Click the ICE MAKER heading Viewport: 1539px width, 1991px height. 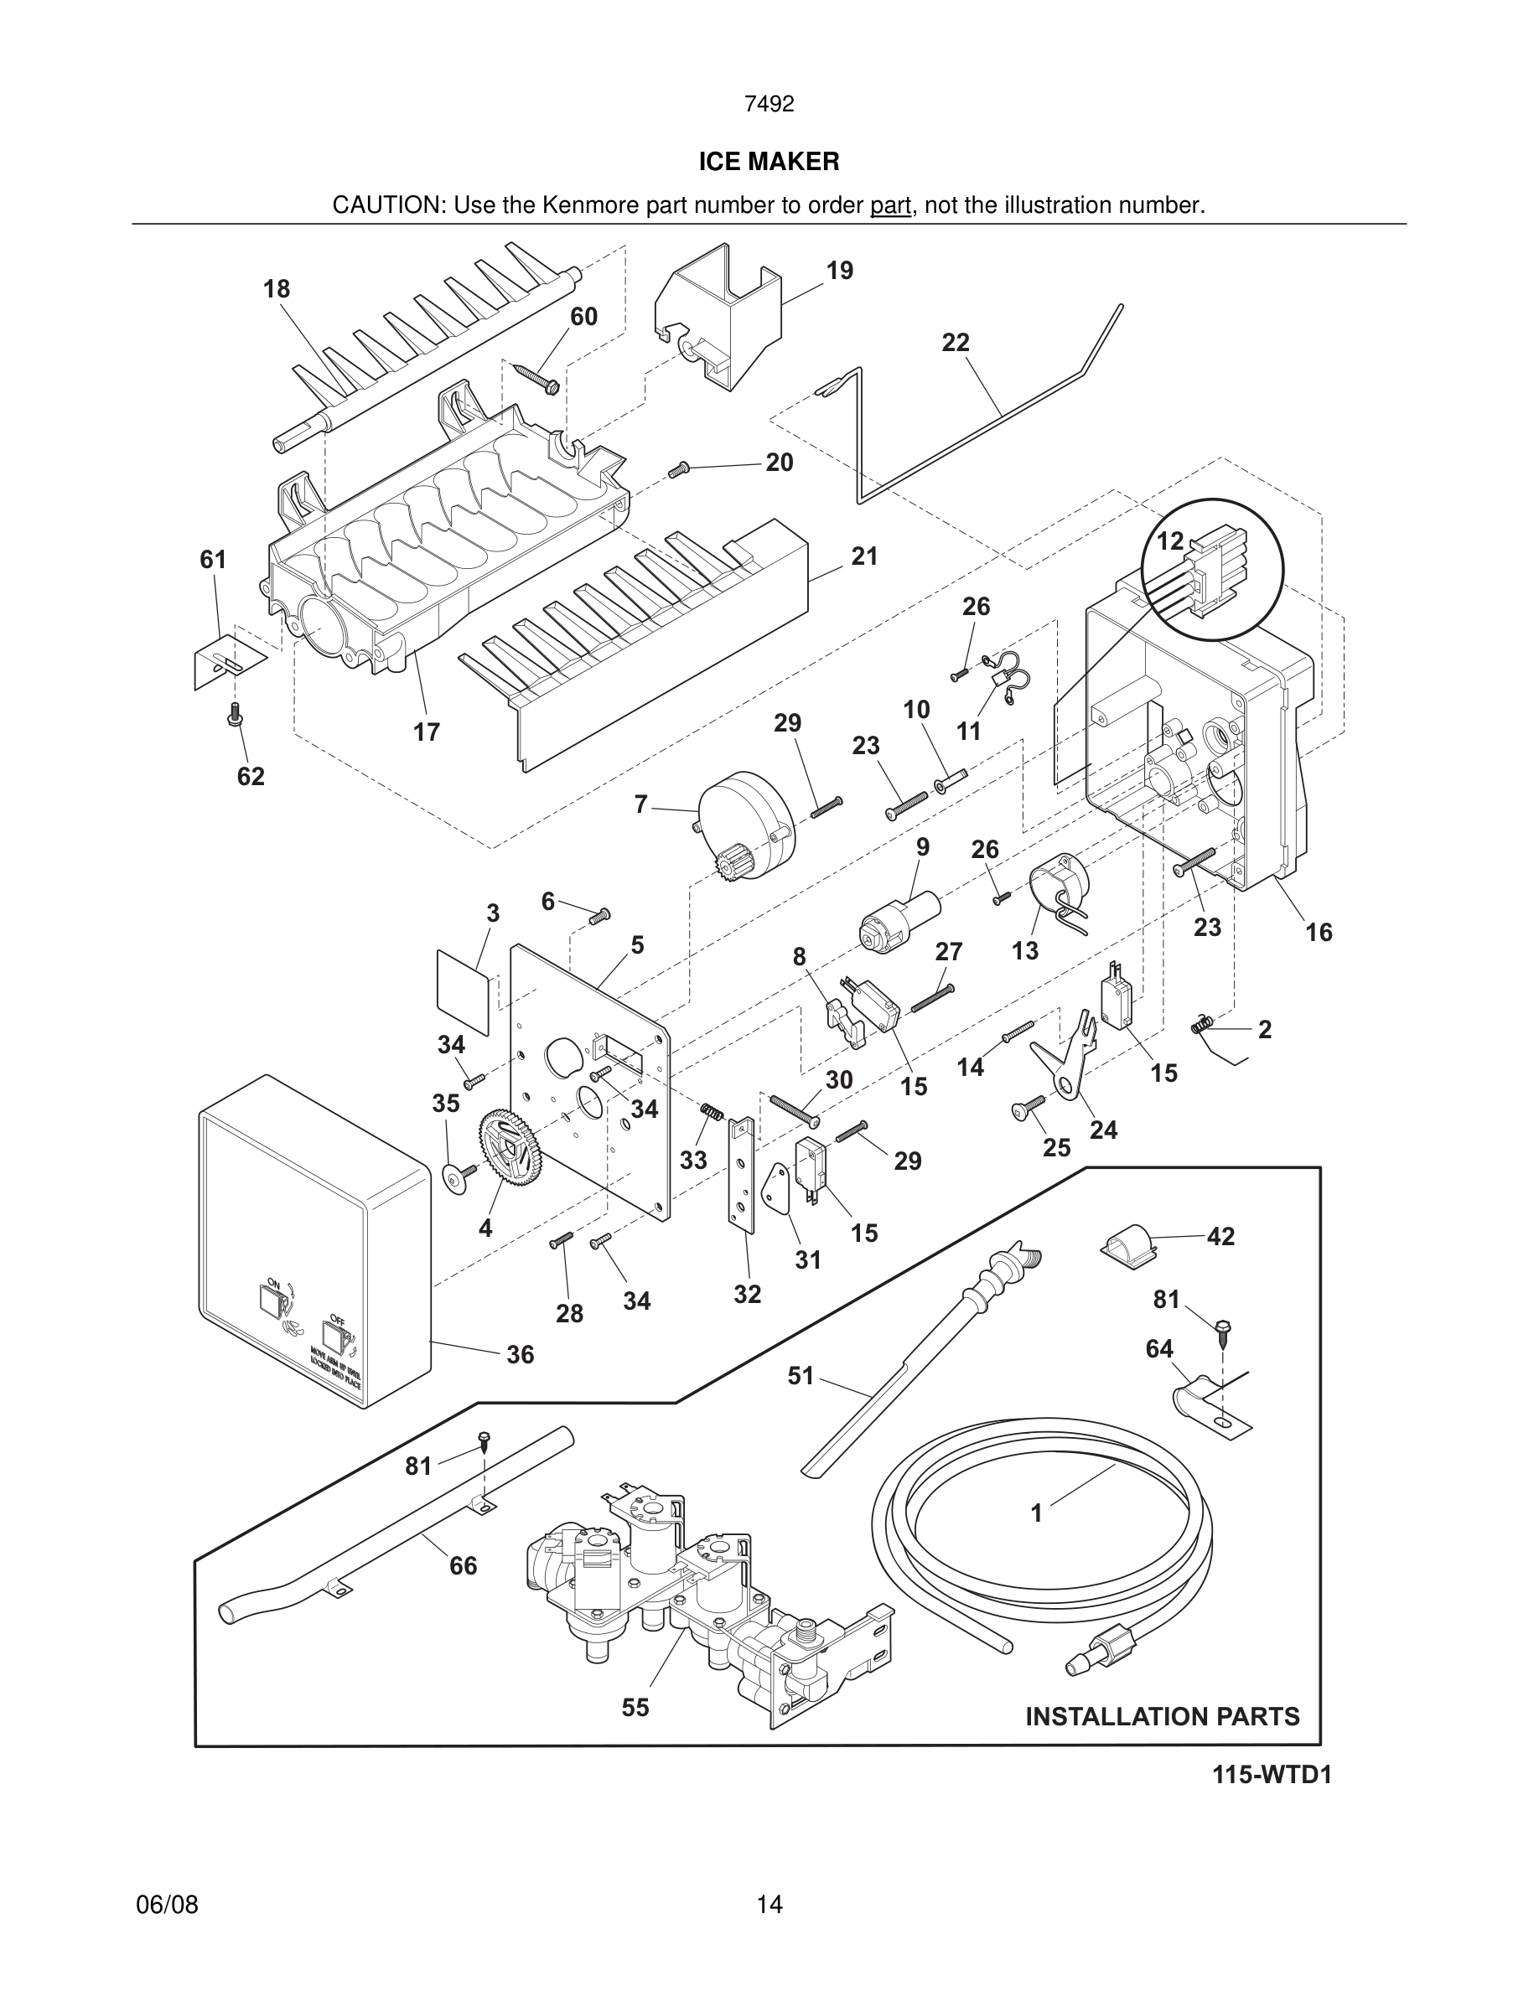769,162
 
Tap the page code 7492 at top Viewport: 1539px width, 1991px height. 769,104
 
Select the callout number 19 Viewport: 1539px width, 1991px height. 839,271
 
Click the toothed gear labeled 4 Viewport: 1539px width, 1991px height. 506,1154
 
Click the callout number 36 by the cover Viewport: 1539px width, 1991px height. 520,1355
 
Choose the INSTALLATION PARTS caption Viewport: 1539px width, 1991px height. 1162,1717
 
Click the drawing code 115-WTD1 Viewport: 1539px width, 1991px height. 1271,1775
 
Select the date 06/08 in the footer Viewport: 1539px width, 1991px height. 167,1905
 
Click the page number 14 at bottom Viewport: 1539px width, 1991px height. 769,1905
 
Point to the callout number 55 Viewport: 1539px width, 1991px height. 635,1707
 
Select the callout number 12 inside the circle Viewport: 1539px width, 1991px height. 1168,540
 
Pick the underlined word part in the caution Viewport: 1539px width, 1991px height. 890,205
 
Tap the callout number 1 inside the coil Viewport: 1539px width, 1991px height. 1036,1513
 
